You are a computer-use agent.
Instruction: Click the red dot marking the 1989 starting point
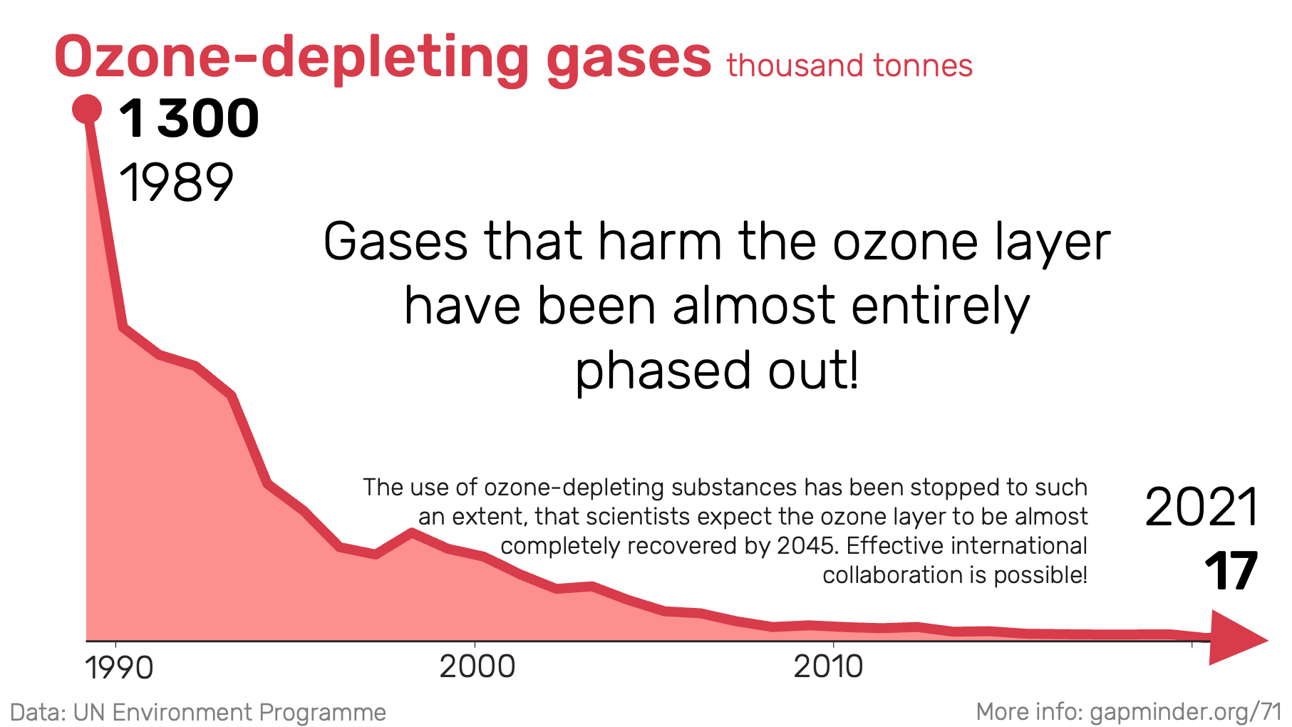[87, 110]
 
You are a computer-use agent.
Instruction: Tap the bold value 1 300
[189, 118]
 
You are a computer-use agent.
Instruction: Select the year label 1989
[176, 182]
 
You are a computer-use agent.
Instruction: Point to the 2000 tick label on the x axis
[477, 667]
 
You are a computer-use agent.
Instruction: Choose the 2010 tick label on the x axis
[828, 667]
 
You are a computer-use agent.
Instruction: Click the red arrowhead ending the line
[1238, 638]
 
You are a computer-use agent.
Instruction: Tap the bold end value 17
[1231, 572]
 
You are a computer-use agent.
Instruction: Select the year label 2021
[1202, 507]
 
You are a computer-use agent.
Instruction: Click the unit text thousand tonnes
[849, 66]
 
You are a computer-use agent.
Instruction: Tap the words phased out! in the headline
[717, 371]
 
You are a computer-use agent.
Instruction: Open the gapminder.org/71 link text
[1186, 711]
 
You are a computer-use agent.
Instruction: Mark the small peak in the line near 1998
[411, 532]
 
